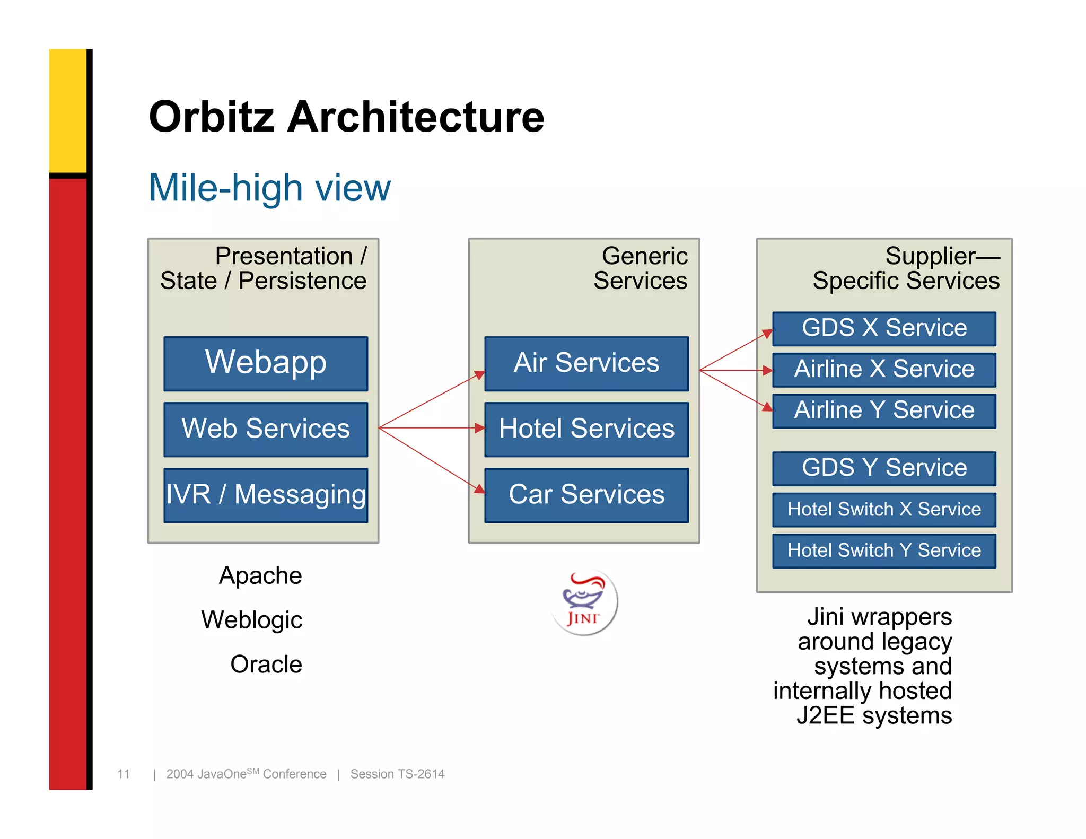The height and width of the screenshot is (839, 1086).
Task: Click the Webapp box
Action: coord(266,364)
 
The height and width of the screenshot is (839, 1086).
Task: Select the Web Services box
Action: coord(266,429)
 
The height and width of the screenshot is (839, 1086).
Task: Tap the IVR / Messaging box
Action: coord(266,495)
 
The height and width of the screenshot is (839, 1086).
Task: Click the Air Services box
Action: coord(586,364)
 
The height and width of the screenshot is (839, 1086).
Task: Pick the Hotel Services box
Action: coord(586,429)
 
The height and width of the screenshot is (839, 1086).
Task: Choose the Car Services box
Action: coord(586,495)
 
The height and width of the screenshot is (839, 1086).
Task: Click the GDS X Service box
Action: coord(884,328)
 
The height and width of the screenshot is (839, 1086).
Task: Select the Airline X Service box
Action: coord(884,370)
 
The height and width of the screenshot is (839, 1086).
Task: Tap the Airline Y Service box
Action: coord(884,410)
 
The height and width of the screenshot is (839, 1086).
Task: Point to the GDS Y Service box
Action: coord(884,468)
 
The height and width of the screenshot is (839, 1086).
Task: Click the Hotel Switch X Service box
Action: coord(884,510)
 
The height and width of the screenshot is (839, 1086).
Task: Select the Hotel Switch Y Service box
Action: coord(884,550)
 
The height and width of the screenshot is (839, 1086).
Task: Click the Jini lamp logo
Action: coord(584,602)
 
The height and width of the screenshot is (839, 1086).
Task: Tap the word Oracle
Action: coord(266,665)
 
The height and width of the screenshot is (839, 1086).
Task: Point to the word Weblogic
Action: coord(252,620)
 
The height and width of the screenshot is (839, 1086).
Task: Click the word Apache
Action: coord(260,576)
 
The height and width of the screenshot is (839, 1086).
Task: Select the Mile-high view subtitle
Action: coord(269,188)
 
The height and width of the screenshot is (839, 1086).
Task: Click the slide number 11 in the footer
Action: coord(124,774)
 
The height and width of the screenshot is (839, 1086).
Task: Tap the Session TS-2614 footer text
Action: coord(397,774)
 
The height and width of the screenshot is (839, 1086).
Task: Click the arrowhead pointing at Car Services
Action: coord(479,489)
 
